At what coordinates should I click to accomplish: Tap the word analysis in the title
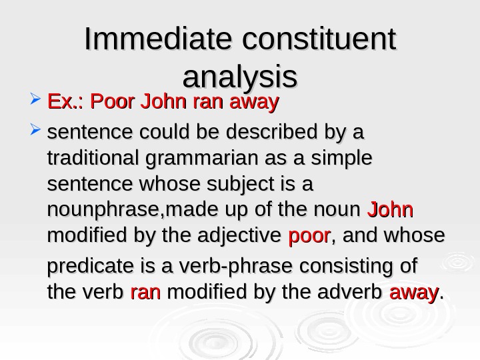point(239,77)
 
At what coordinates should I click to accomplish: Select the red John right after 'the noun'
point(391,210)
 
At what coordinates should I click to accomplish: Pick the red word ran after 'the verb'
point(145,292)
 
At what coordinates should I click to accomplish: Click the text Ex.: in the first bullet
point(66,103)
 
